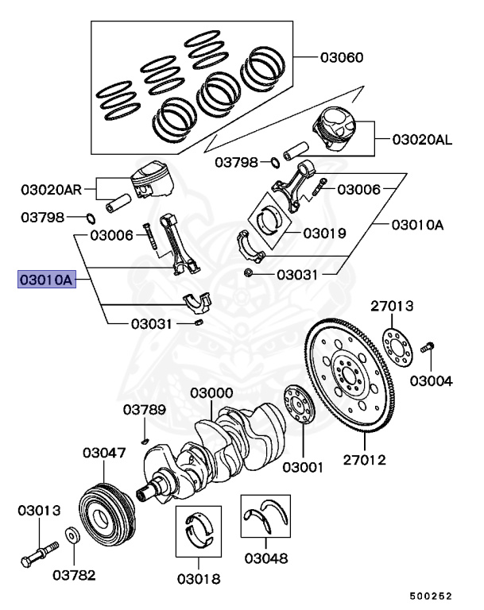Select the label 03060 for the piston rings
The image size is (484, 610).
pos(342,58)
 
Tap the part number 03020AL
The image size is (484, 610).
pos(422,141)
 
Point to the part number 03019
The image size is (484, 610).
pos(325,234)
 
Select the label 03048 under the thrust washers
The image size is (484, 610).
pos(265,558)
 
